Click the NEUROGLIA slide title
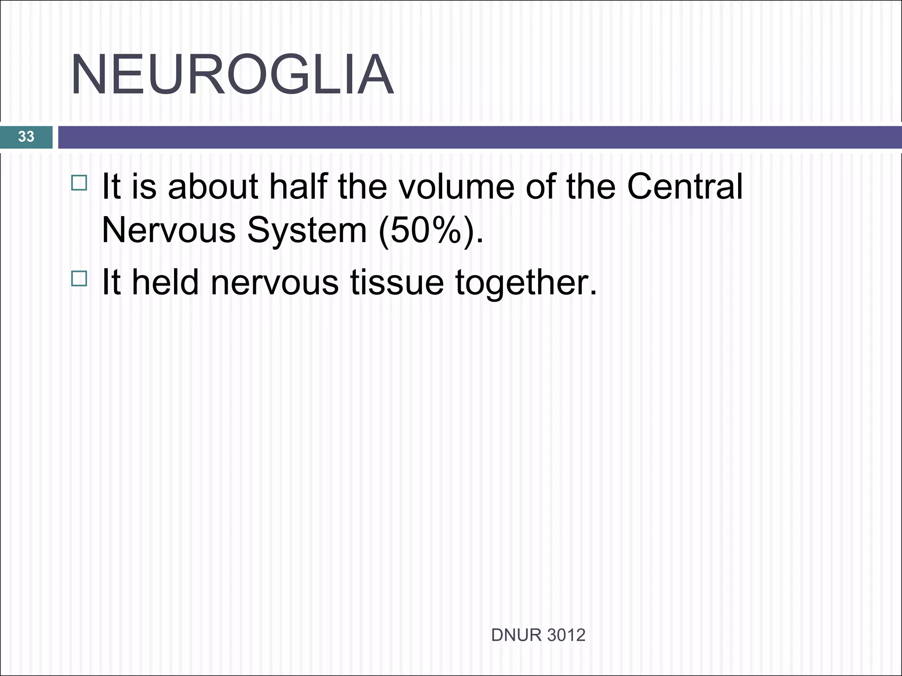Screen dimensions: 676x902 pos(232,75)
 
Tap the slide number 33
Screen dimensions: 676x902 pos(26,136)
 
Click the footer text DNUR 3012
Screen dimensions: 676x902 pos(538,635)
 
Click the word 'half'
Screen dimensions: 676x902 pos(299,187)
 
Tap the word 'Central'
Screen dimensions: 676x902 pos(684,187)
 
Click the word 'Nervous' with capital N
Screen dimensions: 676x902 pos(169,230)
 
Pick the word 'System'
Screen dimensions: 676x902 pos(307,230)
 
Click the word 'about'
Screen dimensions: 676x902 pos(213,187)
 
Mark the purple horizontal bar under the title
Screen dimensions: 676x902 pos(479,137)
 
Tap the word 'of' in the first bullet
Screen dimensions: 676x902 pos(540,187)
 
